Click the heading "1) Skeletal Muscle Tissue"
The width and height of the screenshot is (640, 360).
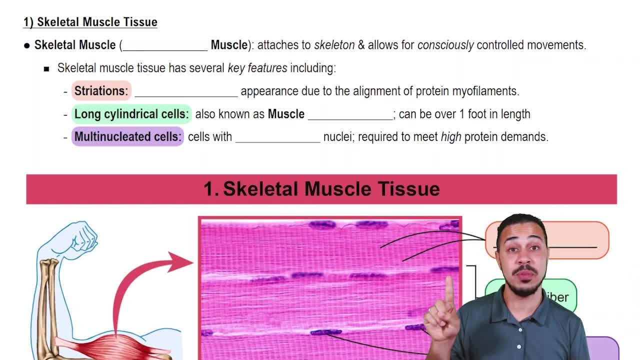tap(90, 22)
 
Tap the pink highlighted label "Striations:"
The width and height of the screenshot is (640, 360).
tap(101, 91)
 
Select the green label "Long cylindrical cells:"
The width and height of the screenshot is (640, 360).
tap(131, 114)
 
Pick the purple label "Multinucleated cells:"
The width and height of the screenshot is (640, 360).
tap(127, 136)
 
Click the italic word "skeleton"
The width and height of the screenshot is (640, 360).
tap(334, 45)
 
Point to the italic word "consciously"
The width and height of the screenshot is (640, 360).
tap(445, 45)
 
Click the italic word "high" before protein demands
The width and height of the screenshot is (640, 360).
tap(450, 137)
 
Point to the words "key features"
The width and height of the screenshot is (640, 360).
tap(257, 68)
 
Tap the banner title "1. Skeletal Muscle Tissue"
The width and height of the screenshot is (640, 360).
tap(321, 189)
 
